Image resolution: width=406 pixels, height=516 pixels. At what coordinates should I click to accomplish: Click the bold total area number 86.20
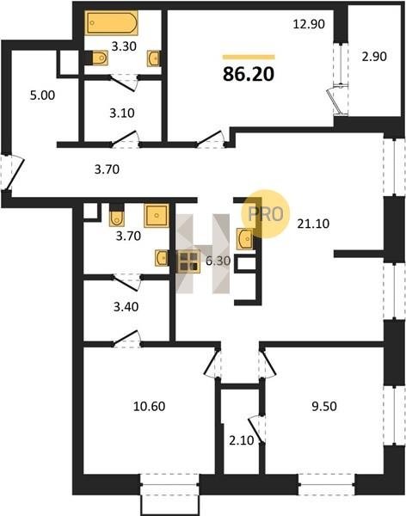pos(249,74)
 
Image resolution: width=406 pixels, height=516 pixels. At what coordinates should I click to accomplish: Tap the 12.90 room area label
pos(309,24)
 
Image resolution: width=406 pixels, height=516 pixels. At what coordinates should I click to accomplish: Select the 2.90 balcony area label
pos(374,57)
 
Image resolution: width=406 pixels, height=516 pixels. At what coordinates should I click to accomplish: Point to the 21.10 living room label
pos(313,224)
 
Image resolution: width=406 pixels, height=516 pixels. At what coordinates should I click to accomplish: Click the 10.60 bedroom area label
pos(149,406)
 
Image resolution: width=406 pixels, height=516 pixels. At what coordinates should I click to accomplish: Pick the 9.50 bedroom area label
pos(324,406)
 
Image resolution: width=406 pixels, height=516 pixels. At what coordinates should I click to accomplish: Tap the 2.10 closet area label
pos(242,440)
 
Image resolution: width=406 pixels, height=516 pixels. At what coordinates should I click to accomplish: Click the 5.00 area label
pos(42,95)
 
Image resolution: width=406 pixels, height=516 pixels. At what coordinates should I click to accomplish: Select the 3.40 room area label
pos(126,307)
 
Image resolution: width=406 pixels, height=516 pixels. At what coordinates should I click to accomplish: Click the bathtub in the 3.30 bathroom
pos(112,22)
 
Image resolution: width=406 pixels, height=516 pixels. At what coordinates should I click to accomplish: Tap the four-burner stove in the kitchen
pos(188,261)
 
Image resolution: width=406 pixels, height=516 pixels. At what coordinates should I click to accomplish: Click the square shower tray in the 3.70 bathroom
pos(157,216)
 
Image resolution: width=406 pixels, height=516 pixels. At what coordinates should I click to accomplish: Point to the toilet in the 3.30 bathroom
pos(99,58)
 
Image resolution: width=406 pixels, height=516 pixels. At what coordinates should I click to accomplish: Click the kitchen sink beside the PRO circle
pos(245,239)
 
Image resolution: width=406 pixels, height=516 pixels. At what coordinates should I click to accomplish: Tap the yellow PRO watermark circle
pos(266,214)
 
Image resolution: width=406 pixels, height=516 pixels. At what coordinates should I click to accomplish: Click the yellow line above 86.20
pos(249,57)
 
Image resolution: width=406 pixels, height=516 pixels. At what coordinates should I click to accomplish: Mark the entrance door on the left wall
pos(13,172)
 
